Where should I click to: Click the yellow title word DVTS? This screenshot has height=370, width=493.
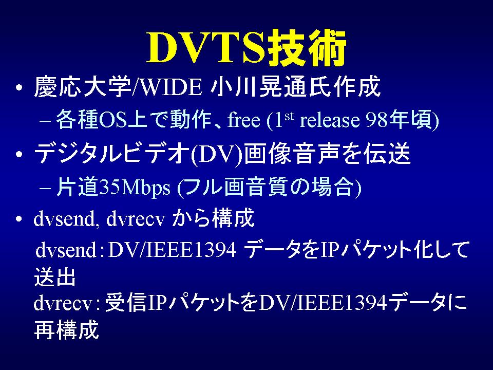click(x=206, y=47)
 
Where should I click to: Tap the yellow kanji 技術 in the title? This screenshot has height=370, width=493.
click(x=307, y=47)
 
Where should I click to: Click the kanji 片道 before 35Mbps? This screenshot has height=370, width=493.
click(x=78, y=187)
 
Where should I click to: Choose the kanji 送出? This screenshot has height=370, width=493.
click(x=55, y=277)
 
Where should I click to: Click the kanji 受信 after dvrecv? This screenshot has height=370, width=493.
click(x=125, y=302)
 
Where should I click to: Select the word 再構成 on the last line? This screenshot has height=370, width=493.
click(x=66, y=329)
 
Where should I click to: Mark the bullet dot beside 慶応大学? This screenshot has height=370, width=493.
click(x=19, y=87)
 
